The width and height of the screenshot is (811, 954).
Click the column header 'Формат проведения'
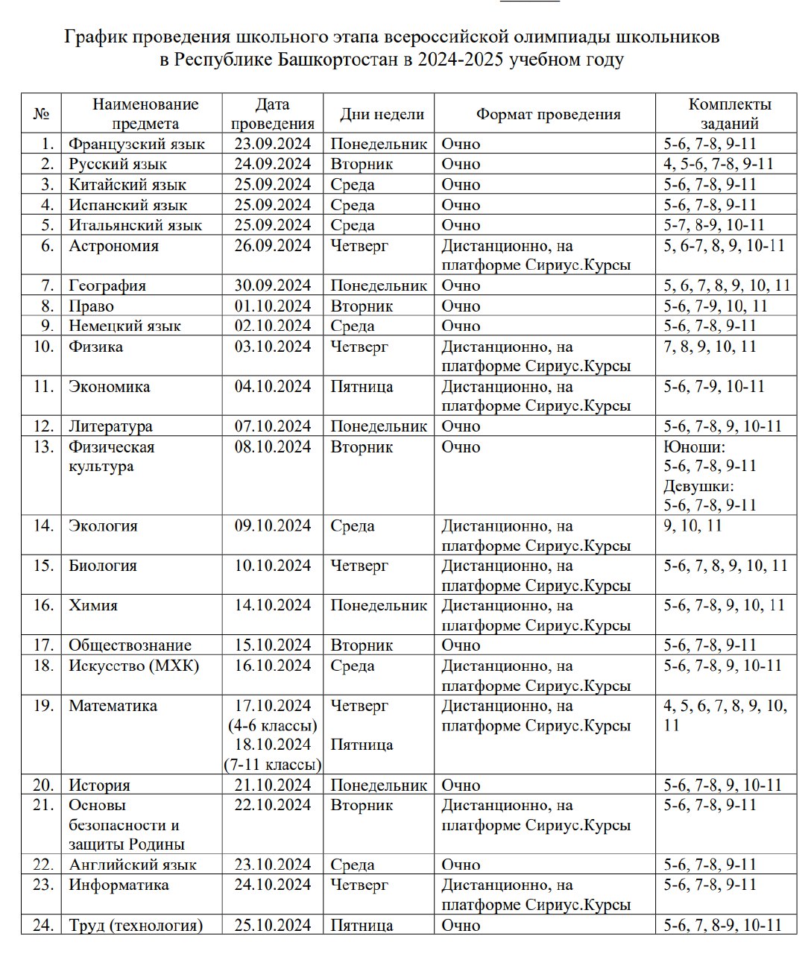coord(548,114)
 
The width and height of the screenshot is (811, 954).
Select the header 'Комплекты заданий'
coord(730,114)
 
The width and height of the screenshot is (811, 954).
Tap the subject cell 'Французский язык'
coord(136,144)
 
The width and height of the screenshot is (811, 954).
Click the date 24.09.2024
coord(273,164)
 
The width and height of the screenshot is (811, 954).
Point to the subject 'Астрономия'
coord(113,246)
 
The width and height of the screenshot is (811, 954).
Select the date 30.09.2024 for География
coord(273,285)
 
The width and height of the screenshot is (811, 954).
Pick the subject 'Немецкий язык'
coord(124,326)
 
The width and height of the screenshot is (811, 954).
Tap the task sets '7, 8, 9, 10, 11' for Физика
coord(710,347)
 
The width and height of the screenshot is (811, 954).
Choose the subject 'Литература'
coord(110,426)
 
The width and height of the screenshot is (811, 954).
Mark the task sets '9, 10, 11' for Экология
coord(692,526)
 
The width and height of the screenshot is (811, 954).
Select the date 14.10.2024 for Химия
coord(273,605)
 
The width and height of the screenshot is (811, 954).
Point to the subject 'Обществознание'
coord(130,645)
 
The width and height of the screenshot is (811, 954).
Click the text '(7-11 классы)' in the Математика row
coord(273,765)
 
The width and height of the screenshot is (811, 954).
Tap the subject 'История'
coord(99,786)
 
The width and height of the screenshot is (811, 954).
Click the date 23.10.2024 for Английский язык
coord(273,865)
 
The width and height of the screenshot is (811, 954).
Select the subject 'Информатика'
coord(119,885)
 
